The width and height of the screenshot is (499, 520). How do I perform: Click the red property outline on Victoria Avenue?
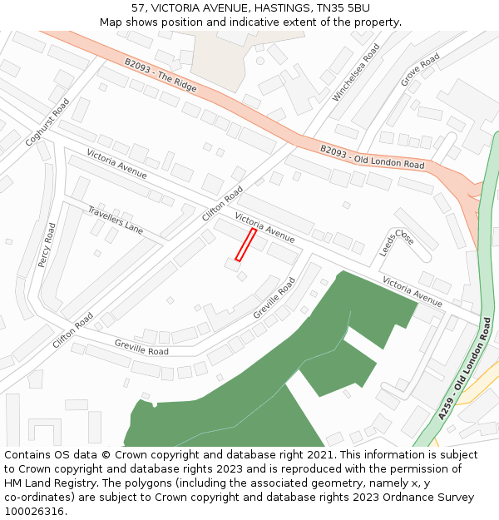[x=245, y=245]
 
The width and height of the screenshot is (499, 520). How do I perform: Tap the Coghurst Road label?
[x=47, y=123]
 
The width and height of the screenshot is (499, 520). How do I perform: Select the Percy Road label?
[x=46, y=245]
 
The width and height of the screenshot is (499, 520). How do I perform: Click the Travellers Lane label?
[x=116, y=218]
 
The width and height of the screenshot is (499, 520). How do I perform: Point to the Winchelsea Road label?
[x=356, y=73]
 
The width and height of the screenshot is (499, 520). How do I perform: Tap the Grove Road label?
[x=420, y=70]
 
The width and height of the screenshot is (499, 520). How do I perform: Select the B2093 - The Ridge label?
[x=161, y=74]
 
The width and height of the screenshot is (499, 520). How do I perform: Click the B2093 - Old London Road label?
[x=372, y=157]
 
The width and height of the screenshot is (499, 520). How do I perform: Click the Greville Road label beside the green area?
[x=274, y=299]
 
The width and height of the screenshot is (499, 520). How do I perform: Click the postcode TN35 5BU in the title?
[x=343, y=7]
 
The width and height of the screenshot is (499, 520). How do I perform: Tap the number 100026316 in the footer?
[x=35, y=512]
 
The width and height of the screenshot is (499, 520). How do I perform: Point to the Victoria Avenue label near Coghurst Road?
[x=116, y=165]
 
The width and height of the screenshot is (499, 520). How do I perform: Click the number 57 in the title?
[x=138, y=7]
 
